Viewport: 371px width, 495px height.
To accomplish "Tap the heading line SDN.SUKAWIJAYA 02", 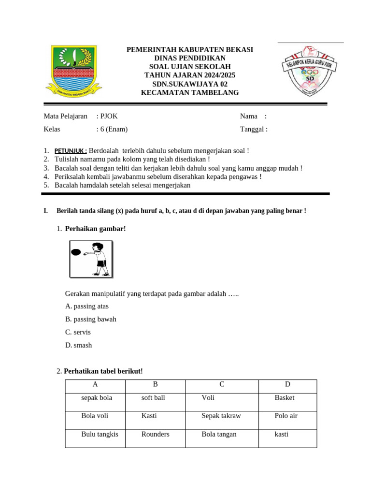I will pos(189,84).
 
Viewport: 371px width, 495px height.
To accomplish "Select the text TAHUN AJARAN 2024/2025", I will pos(190,75).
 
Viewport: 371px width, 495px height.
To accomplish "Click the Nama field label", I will pos(249,116).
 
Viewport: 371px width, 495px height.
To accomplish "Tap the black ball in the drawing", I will pos(76,252).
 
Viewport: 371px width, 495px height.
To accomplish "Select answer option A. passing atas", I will pos(87,306).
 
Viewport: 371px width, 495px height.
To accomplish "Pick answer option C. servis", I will pos(78,332).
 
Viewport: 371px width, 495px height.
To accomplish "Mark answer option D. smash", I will pos(78,345).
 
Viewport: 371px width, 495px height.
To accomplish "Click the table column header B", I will pos(156,385).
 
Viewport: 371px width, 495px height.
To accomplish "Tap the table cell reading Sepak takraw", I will pos(221,416).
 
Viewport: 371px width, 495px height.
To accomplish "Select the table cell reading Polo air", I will pos(286,416).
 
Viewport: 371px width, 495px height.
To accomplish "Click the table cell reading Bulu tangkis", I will pos(100,434).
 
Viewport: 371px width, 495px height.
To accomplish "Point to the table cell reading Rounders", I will pos(155,434).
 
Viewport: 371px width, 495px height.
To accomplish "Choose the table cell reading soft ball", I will pos(153,398).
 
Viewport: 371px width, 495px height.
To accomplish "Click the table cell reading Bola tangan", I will pos(219,434).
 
